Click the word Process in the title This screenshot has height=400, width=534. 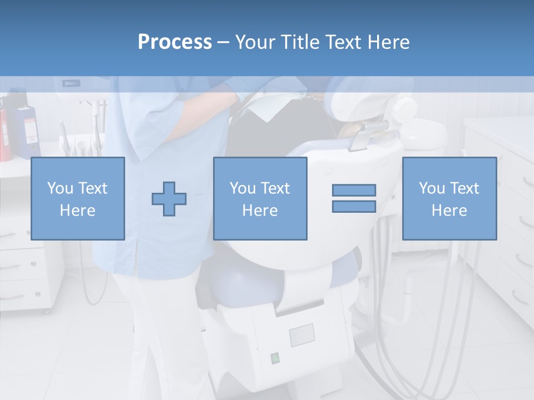pyautogui.click(x=175, y=42)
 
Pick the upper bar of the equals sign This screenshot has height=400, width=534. pyautogui.click(x=354, y=190)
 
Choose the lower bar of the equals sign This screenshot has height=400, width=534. pyautogui.click(x=354, y=206)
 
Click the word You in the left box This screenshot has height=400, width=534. pyautogui.click(x=60, y=188)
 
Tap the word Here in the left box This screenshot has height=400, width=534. pyautogui.click(x=77, y=211)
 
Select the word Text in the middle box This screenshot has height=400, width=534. pyautogui.click(x=275, y=188)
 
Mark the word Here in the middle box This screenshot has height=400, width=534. pyautogui.click(x=260, y=211)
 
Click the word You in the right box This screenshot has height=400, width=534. pyautogui.click(x=432, y=188)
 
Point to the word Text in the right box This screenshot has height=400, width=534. pyautogui.click(x=464, y=188)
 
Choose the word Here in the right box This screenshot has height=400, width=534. pyautogui.click(x=449, y=211)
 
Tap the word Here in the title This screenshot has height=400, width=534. pyautogui.click(x=389, y=42)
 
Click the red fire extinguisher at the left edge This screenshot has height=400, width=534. pyautogui.click(x=4, y=133)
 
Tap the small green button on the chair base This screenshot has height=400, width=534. pyautogui.click(x=274, y=358)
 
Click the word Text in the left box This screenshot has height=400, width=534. pyautogui.click(x=93, y=188)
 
